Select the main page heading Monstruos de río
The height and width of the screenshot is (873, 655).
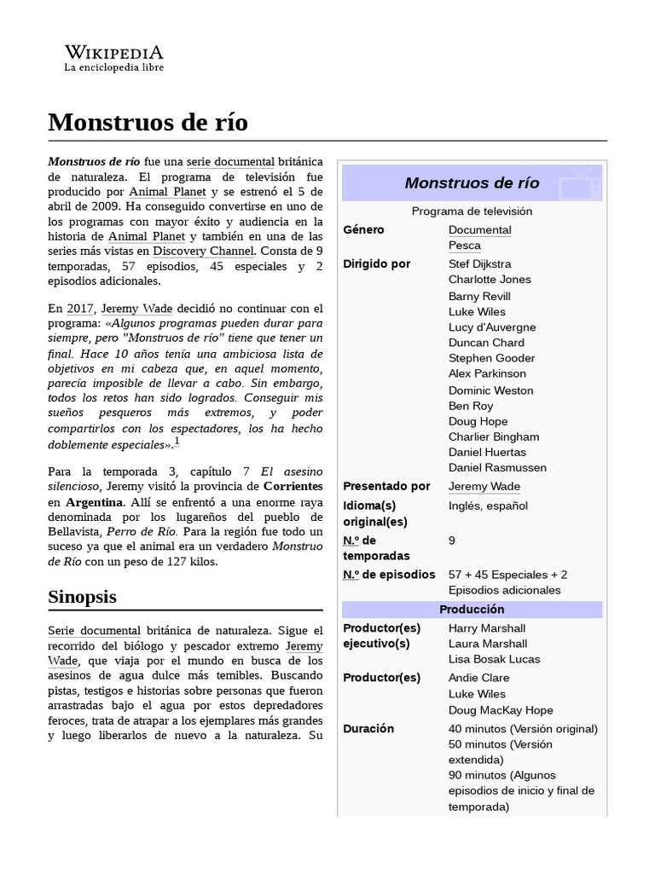point(148,123)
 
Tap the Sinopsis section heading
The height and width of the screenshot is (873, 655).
point(82,597)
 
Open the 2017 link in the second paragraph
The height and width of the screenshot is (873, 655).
point(80,309)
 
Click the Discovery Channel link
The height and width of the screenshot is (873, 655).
point(203,251)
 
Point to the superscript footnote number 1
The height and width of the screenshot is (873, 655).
point(177,441)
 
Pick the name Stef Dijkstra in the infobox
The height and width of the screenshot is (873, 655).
point(480,264)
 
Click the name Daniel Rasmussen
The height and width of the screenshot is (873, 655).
point(497,467)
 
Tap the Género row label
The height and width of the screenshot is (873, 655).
point(363,230)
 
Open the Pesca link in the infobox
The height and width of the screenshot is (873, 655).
point(465,246)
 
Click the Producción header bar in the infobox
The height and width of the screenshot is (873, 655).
point(472,610)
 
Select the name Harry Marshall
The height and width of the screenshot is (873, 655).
point(487,628)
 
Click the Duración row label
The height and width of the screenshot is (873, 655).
point(368,729)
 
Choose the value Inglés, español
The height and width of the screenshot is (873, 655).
point(488,506)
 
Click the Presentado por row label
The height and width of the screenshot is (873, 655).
point(386,486)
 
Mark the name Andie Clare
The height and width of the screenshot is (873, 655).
point(478,678)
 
